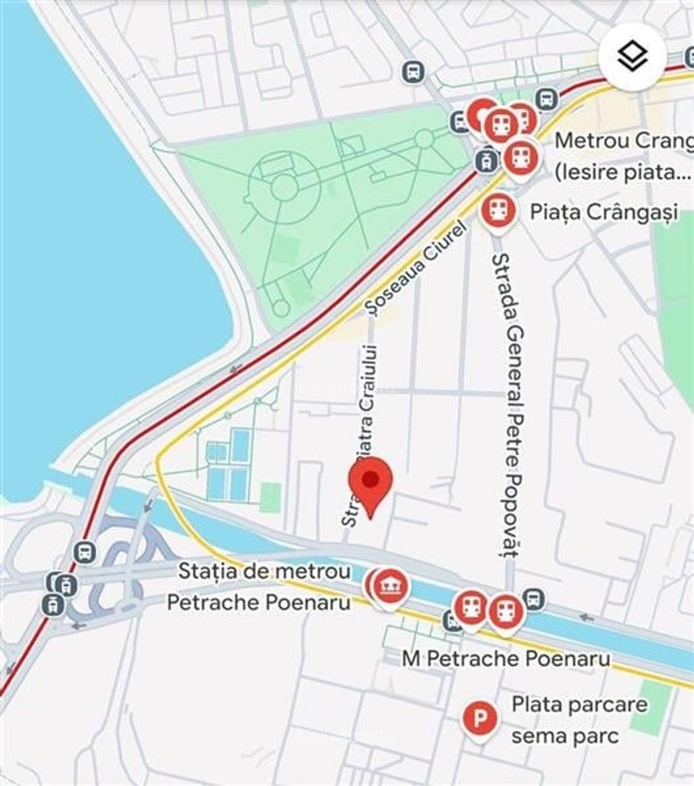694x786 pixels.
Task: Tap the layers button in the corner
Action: tap(632, 57)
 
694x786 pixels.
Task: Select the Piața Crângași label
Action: tap(604, 212)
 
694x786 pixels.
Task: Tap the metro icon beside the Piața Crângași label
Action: tap(498, 210)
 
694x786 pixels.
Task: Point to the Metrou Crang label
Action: tap(623, 140)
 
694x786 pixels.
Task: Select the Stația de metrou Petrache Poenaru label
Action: tap(259, 586)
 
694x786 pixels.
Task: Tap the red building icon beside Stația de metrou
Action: tap(390, 587)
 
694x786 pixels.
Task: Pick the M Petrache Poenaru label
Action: tap(506, 658)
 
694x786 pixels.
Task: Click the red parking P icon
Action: tap(478, 720)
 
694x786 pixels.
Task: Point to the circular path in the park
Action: tap(284, 187)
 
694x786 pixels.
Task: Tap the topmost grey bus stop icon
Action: tap(413, 72)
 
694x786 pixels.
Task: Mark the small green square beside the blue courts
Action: tap(271, 497)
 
